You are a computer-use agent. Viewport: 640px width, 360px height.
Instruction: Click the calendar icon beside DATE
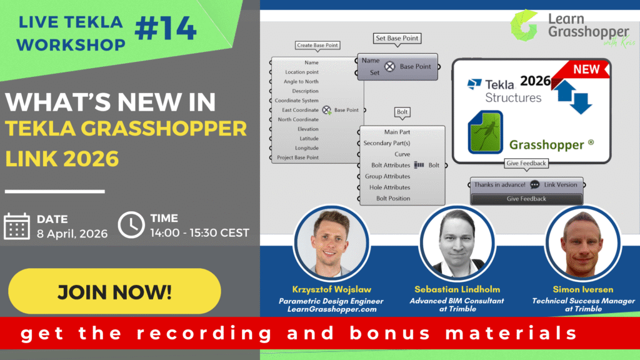tap(17, 226)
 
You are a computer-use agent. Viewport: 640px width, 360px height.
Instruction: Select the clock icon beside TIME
tap(131, 225)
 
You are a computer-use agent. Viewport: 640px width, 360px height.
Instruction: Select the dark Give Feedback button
tap(526, 199)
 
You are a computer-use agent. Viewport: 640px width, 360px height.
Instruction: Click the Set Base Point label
tap(397, 38)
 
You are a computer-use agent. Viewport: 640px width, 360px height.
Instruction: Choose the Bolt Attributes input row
tap(387, 166)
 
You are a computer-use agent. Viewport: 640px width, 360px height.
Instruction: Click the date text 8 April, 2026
tap(72, 234)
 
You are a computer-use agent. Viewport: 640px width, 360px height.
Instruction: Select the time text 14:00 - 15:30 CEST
tap(199, 233)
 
